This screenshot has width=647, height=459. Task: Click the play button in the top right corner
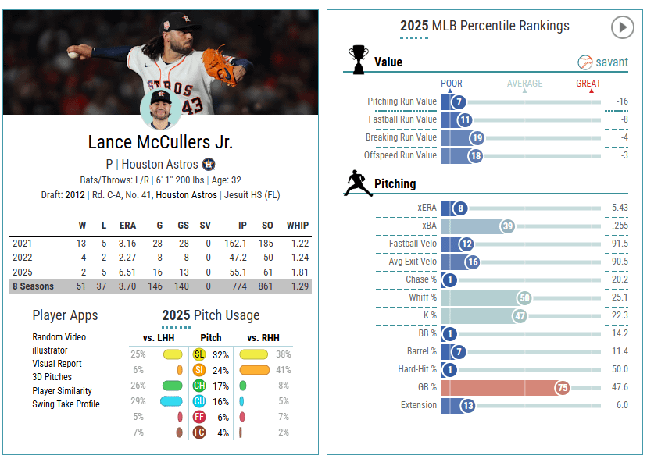pyautogui.click(x=622, y=28)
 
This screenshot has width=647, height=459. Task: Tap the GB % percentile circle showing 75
pyautogui.click(x=562, y=388)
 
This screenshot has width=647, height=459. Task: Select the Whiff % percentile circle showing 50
pyautogui.click(x=523, y=297)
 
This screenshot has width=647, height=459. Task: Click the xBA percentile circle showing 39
pyautogui.click(x=507, y=226)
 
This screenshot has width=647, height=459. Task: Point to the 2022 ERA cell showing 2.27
pyautogui.click(x=127, y=258)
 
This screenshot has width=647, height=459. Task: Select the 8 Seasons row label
pyautogui.click(x=33, y=286)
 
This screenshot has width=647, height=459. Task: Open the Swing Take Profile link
pyautogui.click(x=66, y=404)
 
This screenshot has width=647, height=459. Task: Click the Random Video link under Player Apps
pyautogui.click(x=59, y=337)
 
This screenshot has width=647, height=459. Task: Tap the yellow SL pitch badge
pyautogui.click(x=199, y=354)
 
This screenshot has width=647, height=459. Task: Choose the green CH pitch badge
pyautogui.click(x=199, y=386)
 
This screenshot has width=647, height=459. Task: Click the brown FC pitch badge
pyautogui.click(x=199, y=432)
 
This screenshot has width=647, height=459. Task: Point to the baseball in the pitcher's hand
pyautogui.click(x=73, y=55)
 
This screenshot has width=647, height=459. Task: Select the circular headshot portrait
pyautogui.click(x=160, y=110)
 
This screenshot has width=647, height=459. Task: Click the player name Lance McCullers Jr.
pyautogui.click(x=160, y=142)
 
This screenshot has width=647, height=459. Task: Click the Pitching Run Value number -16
pyautogui.click(x=621, y=102)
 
